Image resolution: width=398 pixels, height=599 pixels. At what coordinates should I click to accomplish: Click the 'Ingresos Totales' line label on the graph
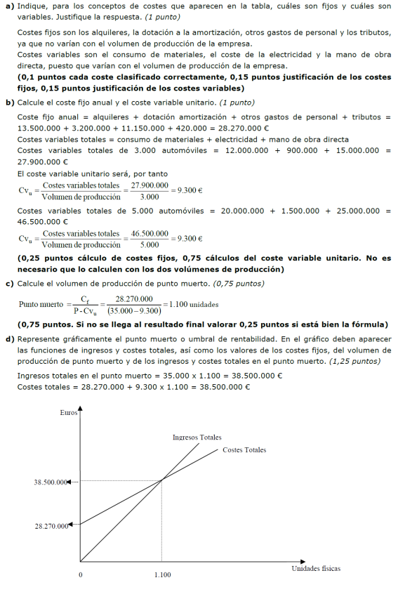[197, 437]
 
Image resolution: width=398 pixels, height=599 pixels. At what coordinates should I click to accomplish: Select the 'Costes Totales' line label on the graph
[244, 449]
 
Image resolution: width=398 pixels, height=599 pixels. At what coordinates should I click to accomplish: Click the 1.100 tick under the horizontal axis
[162, 574]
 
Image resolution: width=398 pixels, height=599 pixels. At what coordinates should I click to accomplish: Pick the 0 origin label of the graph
[80, 574]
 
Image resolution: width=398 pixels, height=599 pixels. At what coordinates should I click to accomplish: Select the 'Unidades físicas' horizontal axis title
[316, 568]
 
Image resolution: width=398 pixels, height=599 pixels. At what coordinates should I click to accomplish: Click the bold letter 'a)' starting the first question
[10, 6]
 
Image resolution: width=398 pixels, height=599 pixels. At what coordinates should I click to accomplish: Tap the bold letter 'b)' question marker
[10, 103]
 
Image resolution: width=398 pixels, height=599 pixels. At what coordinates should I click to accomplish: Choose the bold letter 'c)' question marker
[10, 283]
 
